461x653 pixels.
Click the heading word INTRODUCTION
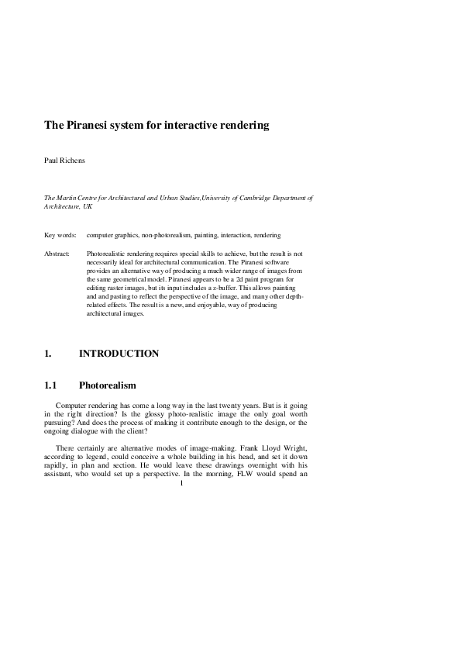[x=119, y=354]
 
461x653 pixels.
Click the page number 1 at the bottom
[x=181, y=485]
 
